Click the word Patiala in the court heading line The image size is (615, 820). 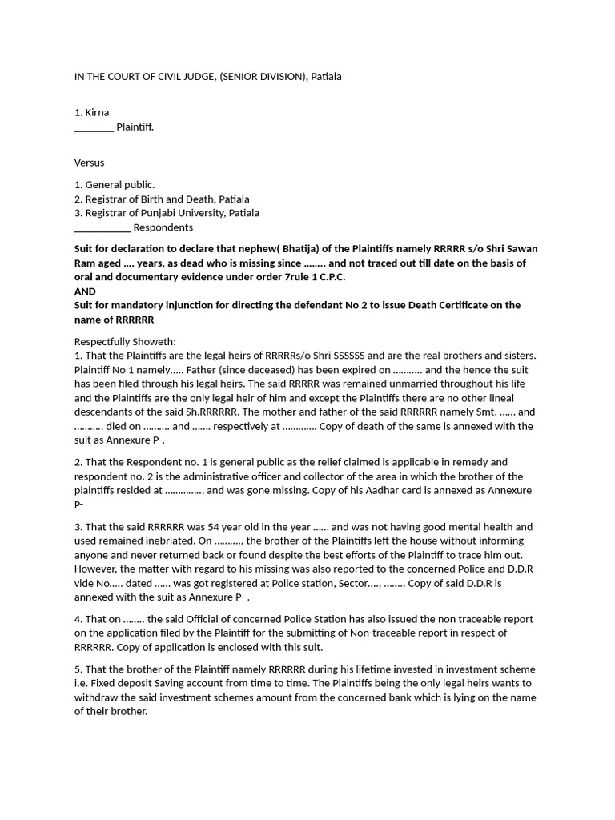(x=326, y=76)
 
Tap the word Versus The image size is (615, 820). (x=90, y=163)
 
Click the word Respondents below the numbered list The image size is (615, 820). (x=163, y=227)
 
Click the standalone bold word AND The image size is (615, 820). (x=85, y=291)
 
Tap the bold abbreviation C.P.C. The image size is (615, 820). (x=337, y=277)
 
